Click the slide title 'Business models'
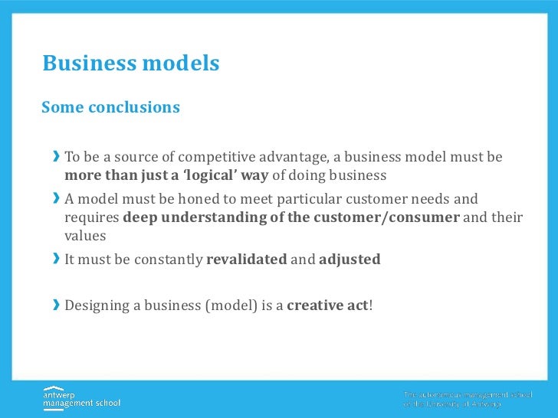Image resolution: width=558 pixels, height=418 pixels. (x=131, y=64)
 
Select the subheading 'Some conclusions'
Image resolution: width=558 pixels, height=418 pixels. (x=110, y=107)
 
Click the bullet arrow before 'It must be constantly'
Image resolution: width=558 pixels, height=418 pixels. (x=56, y=260)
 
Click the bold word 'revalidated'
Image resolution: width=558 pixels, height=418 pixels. (x=247, y=260)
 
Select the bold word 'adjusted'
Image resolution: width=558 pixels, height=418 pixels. (x=350, y=260)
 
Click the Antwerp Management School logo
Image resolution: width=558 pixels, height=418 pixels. (x=81, y=397)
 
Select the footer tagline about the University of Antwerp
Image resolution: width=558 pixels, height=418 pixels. (x=453, y=399)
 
